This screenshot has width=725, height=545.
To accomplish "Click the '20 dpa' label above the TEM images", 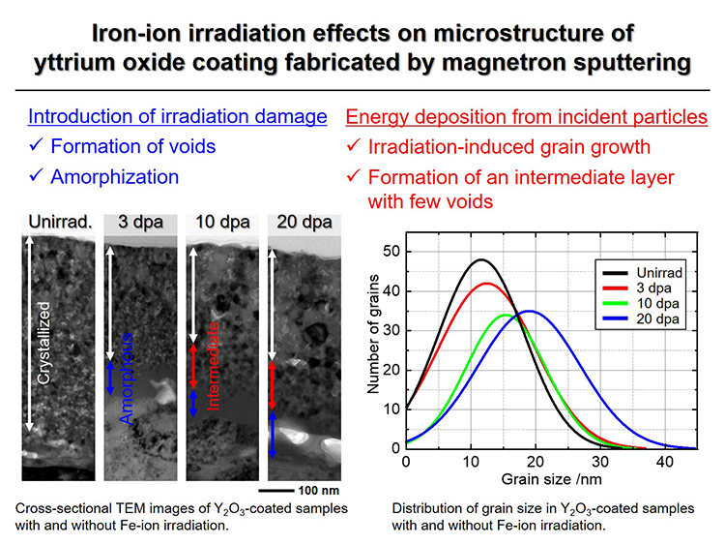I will click(x=304, y=222).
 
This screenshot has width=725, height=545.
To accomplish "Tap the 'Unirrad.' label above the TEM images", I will click(x=60, y=222).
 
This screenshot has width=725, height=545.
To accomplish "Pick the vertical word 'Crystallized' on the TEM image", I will click(x=43, y=343).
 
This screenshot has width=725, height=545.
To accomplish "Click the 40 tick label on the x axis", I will click(x=664, y=462).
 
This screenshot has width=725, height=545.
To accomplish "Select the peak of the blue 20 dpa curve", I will click(x=529, y=311).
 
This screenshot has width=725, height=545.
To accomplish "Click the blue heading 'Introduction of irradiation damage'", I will click(x=178, y=117).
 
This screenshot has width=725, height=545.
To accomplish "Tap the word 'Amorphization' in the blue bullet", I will click(x=115, y=176).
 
